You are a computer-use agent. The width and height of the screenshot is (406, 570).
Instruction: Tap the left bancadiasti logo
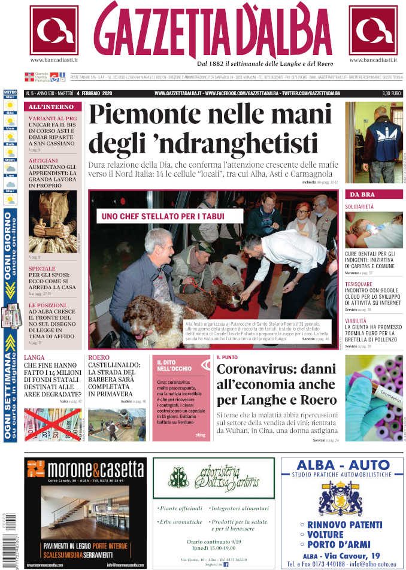point(54,30)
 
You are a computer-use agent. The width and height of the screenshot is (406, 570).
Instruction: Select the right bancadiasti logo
point(373,30)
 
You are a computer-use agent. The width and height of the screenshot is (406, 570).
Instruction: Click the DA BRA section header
point(362,195)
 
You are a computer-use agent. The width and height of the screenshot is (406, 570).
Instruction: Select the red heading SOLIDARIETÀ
point(359,207)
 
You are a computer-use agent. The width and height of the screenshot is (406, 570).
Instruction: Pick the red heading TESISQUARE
point(358,284)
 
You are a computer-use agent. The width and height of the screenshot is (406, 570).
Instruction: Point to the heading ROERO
point(98,357)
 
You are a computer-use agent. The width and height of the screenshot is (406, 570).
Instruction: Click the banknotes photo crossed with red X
point(53,424)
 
